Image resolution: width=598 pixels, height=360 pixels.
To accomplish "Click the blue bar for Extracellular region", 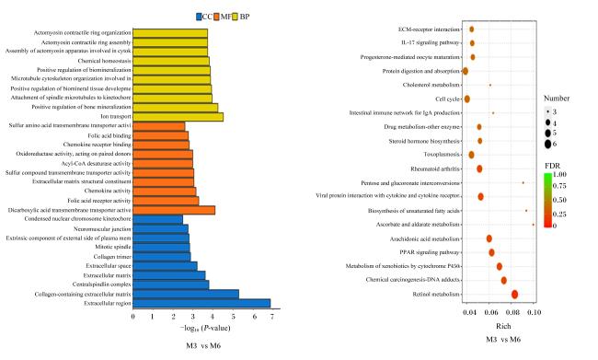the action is pyautogui.click(x=201, y=304).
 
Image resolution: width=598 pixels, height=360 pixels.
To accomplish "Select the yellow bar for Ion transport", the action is pyautogui.click(x=178, y=117).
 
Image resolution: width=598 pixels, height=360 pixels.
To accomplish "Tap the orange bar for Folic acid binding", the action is pyautogui.click(x=161, y=135).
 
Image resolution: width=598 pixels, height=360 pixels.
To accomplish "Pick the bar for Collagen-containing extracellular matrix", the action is pyautogui.click(x=186, y=294).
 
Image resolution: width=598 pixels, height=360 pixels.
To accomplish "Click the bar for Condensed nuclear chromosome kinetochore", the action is pyautogui.click(x=158, y=219).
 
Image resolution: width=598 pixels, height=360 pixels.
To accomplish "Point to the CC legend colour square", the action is pyautogui.click(x=199, y=17).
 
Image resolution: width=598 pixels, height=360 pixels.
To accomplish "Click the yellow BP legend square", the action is pyautogui.click(x=236, y=17).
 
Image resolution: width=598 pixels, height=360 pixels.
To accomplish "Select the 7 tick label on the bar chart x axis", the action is pyautogui.click(x=272, y=317).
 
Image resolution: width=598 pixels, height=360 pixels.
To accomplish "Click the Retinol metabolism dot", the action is pyautogui.click(x=514, y=295).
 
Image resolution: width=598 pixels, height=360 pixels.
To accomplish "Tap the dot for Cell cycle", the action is pyautogui.click(x=466, y=99).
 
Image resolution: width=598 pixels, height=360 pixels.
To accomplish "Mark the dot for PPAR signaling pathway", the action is pyautogui.click(x=491, y=252).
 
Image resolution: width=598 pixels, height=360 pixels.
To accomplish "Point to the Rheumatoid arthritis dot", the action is pyautogui.click(x=479, y=168).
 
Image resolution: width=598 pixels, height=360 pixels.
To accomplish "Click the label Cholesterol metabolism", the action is pyautogui.click(x=431, y=85).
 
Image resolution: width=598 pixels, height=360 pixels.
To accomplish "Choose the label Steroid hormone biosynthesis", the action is pyautogui.click(x=424, y=141).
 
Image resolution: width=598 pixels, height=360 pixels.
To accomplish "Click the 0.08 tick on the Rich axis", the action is pyautogui.click(x=513, y=313).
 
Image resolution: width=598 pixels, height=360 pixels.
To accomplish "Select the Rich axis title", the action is pyautogui.click(x=503, y=327).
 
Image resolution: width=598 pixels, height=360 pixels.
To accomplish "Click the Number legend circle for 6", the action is pyautogui.click(x=548, y=144).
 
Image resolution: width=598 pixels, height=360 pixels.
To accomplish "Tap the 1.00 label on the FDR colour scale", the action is pyautogui.click(x=559, y=174).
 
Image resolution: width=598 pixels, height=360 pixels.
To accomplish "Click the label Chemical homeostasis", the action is pyautogui.click(x=105, y=61).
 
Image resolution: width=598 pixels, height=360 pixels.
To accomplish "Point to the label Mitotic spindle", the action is pyautogui.click(x=113, y=247).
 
